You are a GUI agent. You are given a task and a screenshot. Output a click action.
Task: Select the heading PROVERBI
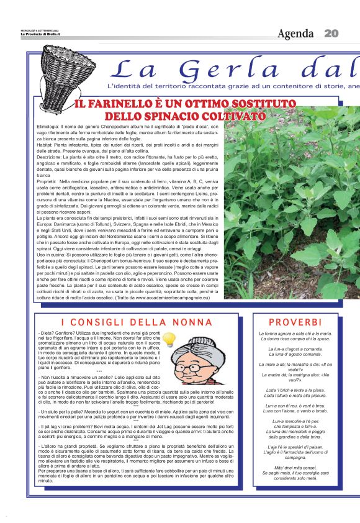point(295,322)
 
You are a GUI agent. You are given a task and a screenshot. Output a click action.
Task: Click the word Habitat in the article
point(47,144)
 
